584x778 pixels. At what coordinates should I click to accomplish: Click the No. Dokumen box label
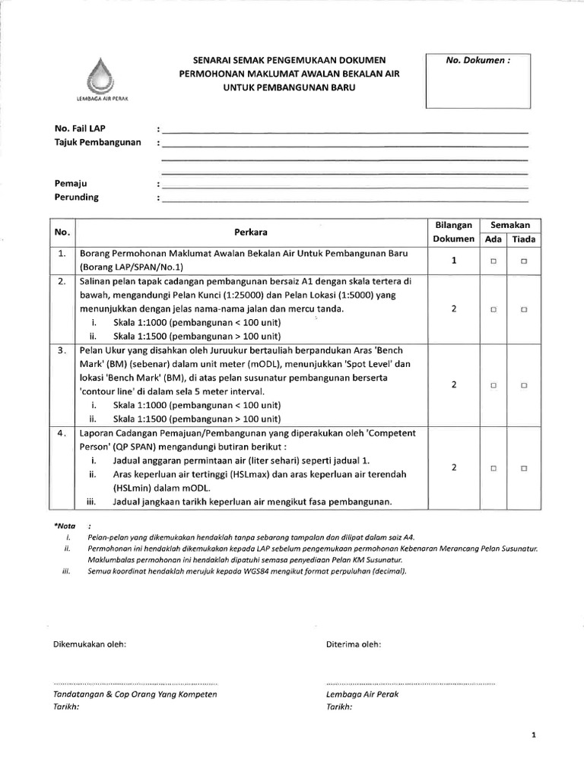(x=477, y=62)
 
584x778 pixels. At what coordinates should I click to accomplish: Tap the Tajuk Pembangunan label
(x=98, y=143)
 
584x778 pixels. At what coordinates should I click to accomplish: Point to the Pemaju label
(x=70, y=183)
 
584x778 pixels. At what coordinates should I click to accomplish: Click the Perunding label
(x=76, y=198)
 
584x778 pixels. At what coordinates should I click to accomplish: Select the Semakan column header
(x=514, y=225)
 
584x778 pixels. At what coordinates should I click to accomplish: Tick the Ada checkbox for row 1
(x=494, y=261)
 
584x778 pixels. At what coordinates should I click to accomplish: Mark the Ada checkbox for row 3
(x=494, y=385)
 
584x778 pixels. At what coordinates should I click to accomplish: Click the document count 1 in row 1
(x=453, y=260)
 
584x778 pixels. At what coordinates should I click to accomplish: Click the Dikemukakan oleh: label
(x=90, y=644)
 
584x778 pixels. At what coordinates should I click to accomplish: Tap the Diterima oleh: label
(x=354, y=644)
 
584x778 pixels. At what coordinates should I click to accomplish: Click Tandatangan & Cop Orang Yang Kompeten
(x=135, y=694)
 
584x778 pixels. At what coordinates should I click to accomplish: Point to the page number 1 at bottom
(x=535, y=735)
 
